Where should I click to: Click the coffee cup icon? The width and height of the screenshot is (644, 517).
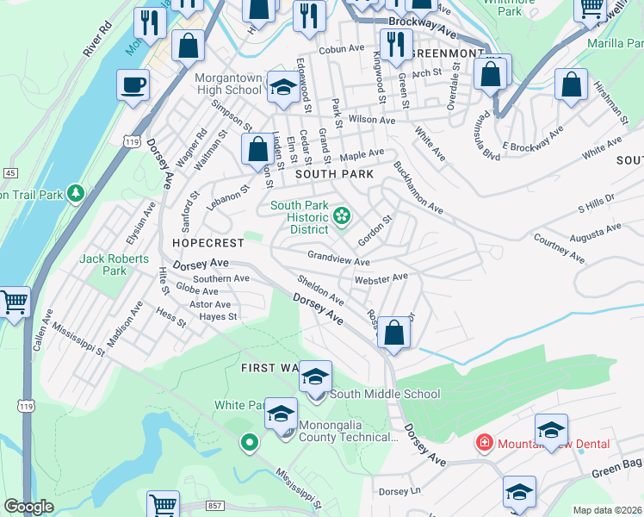pyautogui.click(x=133, y=85)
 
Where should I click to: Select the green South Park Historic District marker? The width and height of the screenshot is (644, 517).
pyautogui.click(x=342, y=215)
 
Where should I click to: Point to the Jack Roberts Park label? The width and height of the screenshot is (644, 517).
pyautogui.click(x=114, y=265)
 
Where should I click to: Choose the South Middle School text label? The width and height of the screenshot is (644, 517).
pyautogui.click(x=385, y=394)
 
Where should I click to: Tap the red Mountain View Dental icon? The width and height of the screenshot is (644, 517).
pyautogui.click(x=485, y=443)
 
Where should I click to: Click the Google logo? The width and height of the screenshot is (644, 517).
pyautogui.click(x=29, y=507)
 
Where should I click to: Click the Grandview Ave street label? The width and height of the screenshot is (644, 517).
pyautogui.click(x=338, y=258)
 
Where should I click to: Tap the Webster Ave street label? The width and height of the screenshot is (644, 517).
pyautogui.click(x=380, y=277)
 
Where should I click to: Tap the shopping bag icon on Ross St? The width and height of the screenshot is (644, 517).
pyautogui.click(x=393, y=333)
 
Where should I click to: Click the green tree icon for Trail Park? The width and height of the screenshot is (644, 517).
pyautogui.click(x=77, y=193)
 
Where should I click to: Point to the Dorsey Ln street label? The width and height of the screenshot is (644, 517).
pyautogui.click(x=399, y=491)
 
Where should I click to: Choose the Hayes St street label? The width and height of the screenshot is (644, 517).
pyautogui.click(x=218, y=316)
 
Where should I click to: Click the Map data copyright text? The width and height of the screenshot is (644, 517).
pyautogui.click(x=607, y=510)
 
